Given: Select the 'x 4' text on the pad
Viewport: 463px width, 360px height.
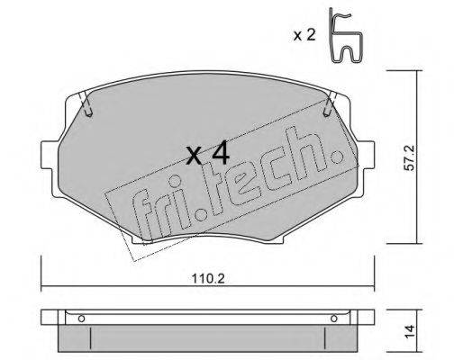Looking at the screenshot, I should pos(208,155).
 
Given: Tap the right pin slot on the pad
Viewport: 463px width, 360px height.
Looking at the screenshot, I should pos(330,109).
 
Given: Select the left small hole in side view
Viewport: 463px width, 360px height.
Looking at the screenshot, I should pos(80,318).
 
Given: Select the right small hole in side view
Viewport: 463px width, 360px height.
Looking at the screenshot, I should pos(337,318).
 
